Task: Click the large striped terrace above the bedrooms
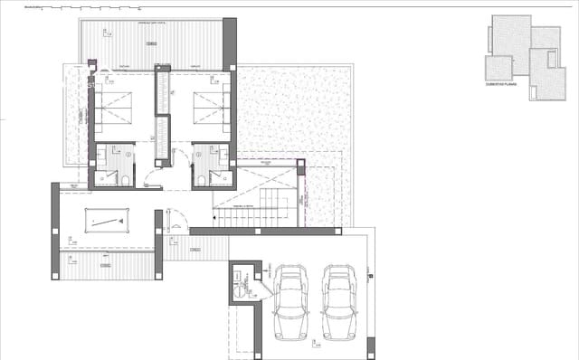pyautogui.click(x=151, y=41)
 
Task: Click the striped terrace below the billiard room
pyautogui.click(x=107, y=265)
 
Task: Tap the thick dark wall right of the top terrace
pyautogui.click(x=230, y=42)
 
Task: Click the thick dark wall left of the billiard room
pyautogui.click(x=55, y=230)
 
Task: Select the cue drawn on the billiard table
pyautogui.click(x=108, y=221)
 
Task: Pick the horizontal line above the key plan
pyautogui.click(x=362, y=8)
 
